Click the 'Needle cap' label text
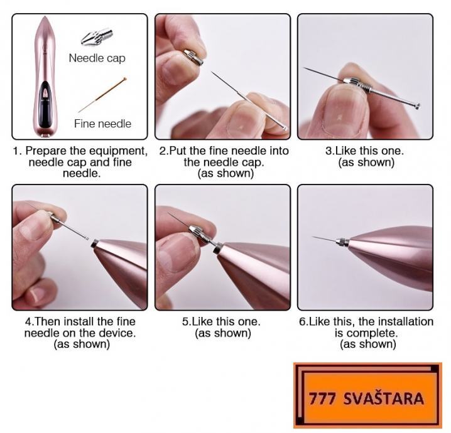(x=97, y=58)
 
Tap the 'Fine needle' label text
(x=102, y=124)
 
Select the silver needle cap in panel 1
(x=97, y=37)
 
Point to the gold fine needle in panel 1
(x=102, y=94)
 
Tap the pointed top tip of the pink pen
(x=44, y=17)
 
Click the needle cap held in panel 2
(x=193, y=56)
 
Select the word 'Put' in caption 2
(x=178, y=151)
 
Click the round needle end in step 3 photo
(x=416, y=105)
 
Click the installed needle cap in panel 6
(x=343, y=242)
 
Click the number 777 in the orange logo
(x=322, y=398)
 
